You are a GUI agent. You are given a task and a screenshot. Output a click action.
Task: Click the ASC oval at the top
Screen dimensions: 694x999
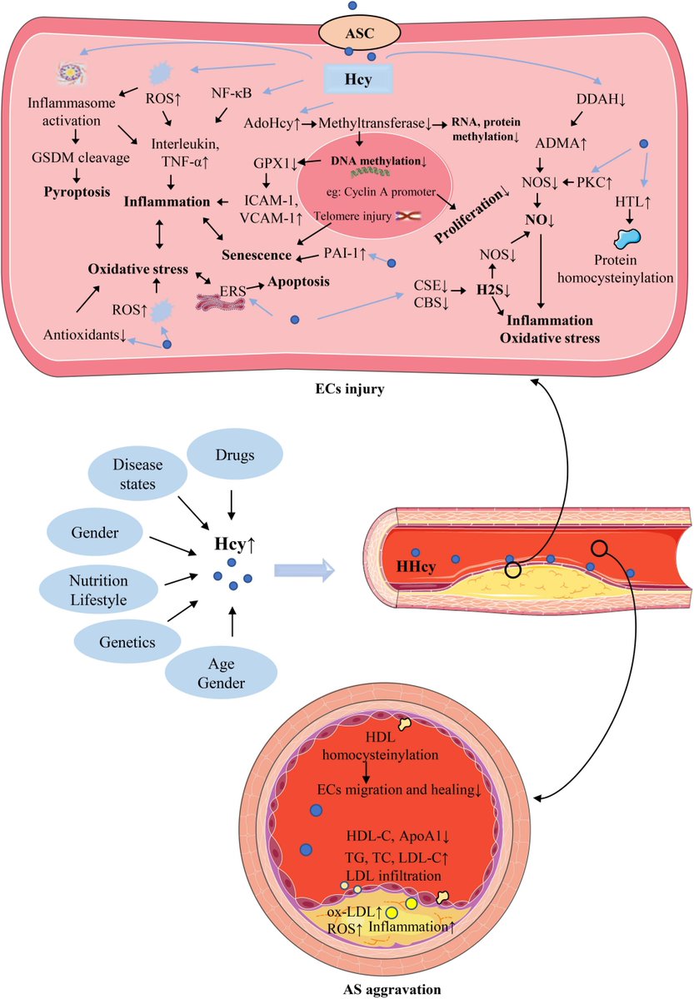pyautogui.click(x=359, y=34)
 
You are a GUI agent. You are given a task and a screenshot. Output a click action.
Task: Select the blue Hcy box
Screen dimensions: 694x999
pyautogui.click(x=358, y=79)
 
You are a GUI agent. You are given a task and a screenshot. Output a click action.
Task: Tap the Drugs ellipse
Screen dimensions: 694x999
pyautogui.click(x=234, y=455)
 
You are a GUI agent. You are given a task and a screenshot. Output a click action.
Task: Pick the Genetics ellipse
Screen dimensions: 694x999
pyautogui.click(x=127, y=642)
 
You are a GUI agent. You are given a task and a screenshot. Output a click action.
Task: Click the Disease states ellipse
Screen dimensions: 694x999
pyautogui.click(x=137, y=474)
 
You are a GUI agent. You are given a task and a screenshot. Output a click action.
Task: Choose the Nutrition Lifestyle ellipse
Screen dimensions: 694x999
pyautogui.click(x=98, y=590)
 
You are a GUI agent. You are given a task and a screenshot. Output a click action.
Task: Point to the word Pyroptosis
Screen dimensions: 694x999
pyautogui.click(x=77, y=192)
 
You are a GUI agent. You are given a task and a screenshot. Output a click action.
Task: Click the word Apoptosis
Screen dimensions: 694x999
pyautogui.click(x=298, y=281)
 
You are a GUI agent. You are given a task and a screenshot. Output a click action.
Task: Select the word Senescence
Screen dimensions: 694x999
pyautogui.click(x=257, y=255)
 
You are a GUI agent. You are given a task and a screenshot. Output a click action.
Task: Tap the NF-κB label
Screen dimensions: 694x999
pyautogui.click(x=231, y=93)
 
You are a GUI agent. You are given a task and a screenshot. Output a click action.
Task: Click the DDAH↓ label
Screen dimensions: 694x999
pyautogui.click(x=602, y=99)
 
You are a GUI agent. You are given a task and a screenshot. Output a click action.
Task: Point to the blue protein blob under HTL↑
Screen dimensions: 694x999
pyautogui.click(x=627, y=239)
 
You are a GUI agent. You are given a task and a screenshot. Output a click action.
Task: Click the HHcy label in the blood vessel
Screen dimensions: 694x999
pyautogui.click(x=416, y=567)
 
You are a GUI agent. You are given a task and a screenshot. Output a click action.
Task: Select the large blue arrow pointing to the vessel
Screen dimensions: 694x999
pyautogui.click(x=304, y=570)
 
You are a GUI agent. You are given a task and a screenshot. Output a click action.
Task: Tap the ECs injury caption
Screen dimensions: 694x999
pyautogui.click(x=350, y=389)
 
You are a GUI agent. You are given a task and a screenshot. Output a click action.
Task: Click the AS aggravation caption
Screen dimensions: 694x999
pyautogui.click(x=392, y=990)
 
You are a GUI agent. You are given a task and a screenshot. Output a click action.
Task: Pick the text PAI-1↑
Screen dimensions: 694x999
pyautogui.click(x=345, y=254)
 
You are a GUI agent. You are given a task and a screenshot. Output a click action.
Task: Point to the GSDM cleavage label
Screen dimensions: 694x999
pyautogui.click(x=81, y=157)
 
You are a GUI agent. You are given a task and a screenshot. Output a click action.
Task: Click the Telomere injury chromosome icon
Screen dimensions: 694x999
pyautogui.click(x=408, y=216)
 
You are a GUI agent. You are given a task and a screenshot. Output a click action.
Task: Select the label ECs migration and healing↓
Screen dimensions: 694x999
pyautogui.click(x=399, y=790)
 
